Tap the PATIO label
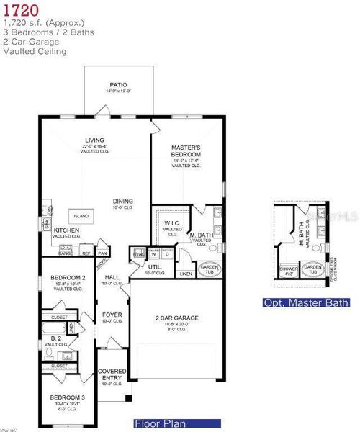tap(119, 84)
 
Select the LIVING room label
tap(94, 140)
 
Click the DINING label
tap(122, 201)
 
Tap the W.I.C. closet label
tap(171, 222)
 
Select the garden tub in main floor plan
tap(210, 270)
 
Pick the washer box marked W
tap(154, 253)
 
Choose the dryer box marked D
tap(167, 253)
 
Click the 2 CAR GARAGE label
tap(176, 318)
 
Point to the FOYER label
tap(112, 314)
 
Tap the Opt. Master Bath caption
tap(305, 303)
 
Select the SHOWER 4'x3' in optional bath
tap(288, 270)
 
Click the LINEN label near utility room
tap(186, 274)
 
